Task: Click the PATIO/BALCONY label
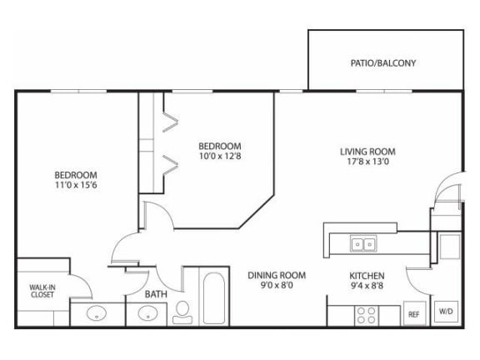click(382, 62)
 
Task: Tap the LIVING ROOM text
click(367, 152)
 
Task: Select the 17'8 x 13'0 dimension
click(367, 163)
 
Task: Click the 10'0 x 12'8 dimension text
click(220, 156)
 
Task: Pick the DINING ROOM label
click(277, 275)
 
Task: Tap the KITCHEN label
click(366, 275)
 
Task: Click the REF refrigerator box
click(413, 314)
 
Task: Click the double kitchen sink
click(362, 244)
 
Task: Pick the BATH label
click(156, 294)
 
